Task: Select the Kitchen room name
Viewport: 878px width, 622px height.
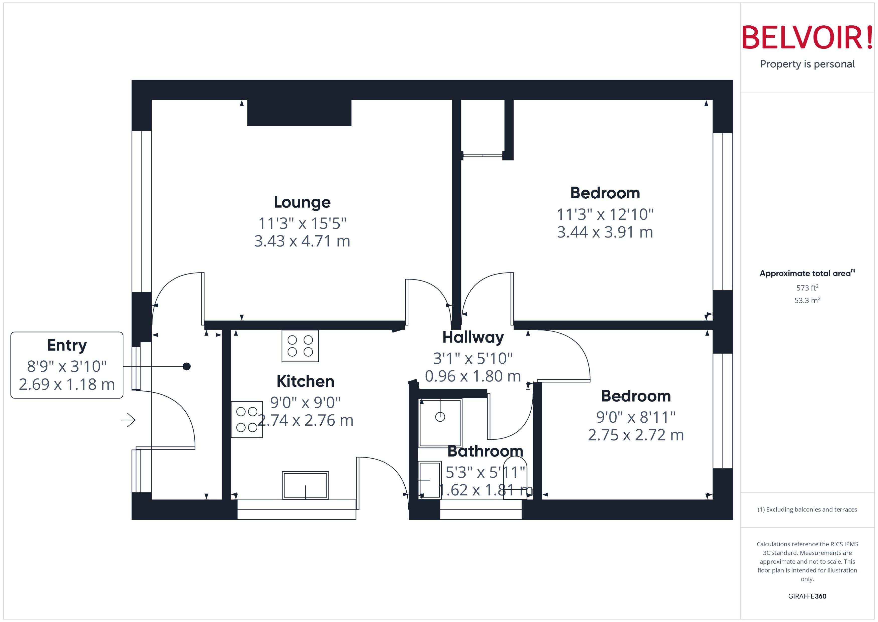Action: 305,381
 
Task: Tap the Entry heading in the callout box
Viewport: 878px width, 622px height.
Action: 67,345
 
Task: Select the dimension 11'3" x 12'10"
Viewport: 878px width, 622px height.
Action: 605,214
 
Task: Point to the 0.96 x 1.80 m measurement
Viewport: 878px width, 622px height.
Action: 473,376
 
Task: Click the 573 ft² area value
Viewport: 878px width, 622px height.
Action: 807,288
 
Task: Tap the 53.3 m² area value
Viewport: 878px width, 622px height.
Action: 807,300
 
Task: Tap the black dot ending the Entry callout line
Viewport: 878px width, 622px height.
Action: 187,367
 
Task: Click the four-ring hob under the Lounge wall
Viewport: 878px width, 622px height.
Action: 300,346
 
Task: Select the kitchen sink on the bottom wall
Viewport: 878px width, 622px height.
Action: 305,485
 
